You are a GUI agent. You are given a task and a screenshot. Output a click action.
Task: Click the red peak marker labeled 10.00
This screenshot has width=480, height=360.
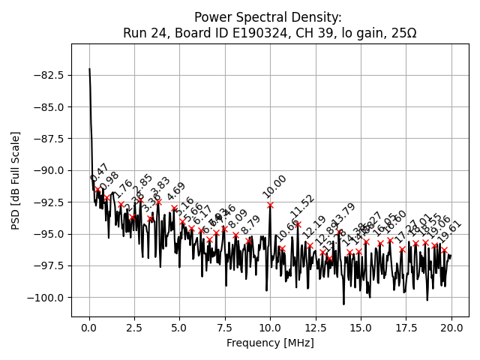pyautogui.click(x=270, y=205)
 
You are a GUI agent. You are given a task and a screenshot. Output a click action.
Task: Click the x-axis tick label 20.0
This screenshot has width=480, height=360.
pyautogui.click(x=451, y=327)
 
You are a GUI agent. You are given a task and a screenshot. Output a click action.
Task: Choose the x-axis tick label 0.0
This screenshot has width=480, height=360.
pyautogui.click(x=89, y=327)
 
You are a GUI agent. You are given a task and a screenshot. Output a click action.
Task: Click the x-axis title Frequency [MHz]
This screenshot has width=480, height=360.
pyautogui.click(x=270, y=343)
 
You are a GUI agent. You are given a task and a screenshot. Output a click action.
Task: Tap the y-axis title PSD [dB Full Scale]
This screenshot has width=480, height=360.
pyautogui.click(x=16, y=180)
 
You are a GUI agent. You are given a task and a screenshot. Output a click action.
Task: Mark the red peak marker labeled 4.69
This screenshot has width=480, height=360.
pyautogui.click(x=174, y=208)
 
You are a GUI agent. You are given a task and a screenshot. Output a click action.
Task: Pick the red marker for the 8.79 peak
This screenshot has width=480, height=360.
pyautogui.click(x=248, y=241)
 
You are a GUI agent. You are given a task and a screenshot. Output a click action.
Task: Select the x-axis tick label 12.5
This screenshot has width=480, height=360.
pyautogui.click(x=315, y=327)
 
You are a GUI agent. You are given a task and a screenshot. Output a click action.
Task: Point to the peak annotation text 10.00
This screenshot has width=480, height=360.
pyautogui.click(x=274, y=186)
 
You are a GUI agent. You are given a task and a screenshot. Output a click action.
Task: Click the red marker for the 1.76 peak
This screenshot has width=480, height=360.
pyautogui.click(x=121, y=204)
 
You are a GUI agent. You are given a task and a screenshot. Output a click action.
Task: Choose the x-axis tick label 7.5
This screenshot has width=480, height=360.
pyautogui.click(x=225, y=327)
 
